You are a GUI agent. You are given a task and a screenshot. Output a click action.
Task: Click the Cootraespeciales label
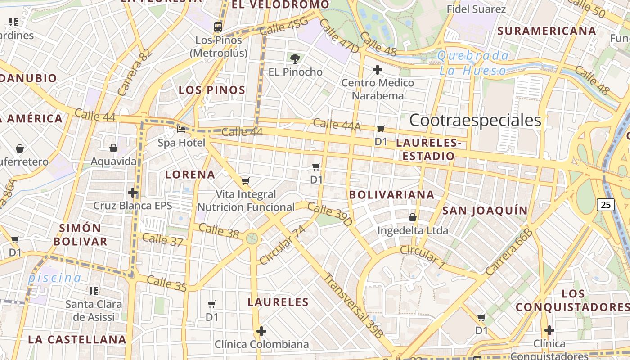tap(475, 121)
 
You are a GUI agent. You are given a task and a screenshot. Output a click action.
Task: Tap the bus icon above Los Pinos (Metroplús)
tap(218, 27)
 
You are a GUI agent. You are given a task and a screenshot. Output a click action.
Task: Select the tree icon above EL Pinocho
tap(295, 58)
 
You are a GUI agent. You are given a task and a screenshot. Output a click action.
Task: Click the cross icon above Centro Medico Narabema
tap(378, 70)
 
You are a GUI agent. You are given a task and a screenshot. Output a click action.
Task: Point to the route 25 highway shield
tap(606, 205)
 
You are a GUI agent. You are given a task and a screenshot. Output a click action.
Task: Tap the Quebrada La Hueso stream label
tap(473, 63)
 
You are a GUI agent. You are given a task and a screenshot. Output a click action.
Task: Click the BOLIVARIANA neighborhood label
tap(391, 195)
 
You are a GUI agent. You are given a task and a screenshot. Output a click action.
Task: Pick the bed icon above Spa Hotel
tap(181, 130)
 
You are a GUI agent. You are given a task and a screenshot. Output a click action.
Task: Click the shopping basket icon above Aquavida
tap(113, 148)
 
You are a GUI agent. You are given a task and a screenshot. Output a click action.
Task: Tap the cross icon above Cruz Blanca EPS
tap(133, 193)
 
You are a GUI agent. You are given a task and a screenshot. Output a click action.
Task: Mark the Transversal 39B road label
tap(353, 306)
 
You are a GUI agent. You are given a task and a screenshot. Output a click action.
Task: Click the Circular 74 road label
tap(283, 245)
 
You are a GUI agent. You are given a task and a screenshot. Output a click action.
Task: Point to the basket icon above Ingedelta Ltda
tap(413, 218)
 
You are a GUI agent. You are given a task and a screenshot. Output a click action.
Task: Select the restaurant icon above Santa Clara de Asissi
tap(94, 291)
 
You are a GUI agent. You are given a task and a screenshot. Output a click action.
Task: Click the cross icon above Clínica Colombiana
tap(261, 332)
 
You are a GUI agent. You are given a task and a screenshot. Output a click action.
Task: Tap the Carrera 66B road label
tap(509, 252)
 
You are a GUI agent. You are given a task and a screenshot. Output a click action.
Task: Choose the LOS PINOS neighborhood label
tap(212, 90)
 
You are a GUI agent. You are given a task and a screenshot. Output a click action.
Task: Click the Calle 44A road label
tap(337, 125)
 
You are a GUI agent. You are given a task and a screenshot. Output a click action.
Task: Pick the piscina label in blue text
tap(54, 278)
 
